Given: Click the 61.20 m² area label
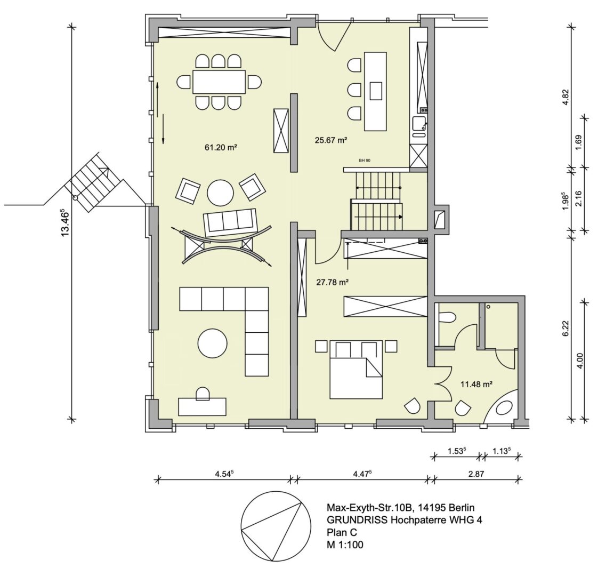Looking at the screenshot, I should [220, 147].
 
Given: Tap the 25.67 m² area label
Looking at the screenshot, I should [331, 140].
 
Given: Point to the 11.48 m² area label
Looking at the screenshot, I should [475, 383].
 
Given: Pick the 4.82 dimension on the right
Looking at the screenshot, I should [566, 98].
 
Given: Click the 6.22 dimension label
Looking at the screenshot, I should [566, 327].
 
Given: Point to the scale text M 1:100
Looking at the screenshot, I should [345, 545].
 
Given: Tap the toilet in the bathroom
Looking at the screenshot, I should [447, 318].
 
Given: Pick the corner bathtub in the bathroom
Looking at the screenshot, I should [504, 409].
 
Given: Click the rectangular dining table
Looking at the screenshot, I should [219, 82].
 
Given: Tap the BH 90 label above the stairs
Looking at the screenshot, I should [365, 160].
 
